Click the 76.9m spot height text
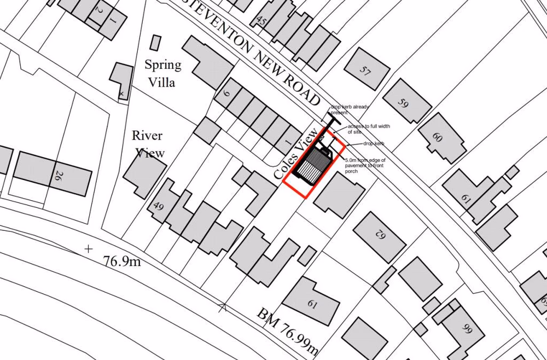point(121,262)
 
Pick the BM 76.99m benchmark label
point(288,330)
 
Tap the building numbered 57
point(366,69)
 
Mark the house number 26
point(57,176)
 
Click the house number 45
point(261,21)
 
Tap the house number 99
point(467,328)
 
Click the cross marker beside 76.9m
point(89,249)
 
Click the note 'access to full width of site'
point(369,129)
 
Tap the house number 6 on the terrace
point(226,94)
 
